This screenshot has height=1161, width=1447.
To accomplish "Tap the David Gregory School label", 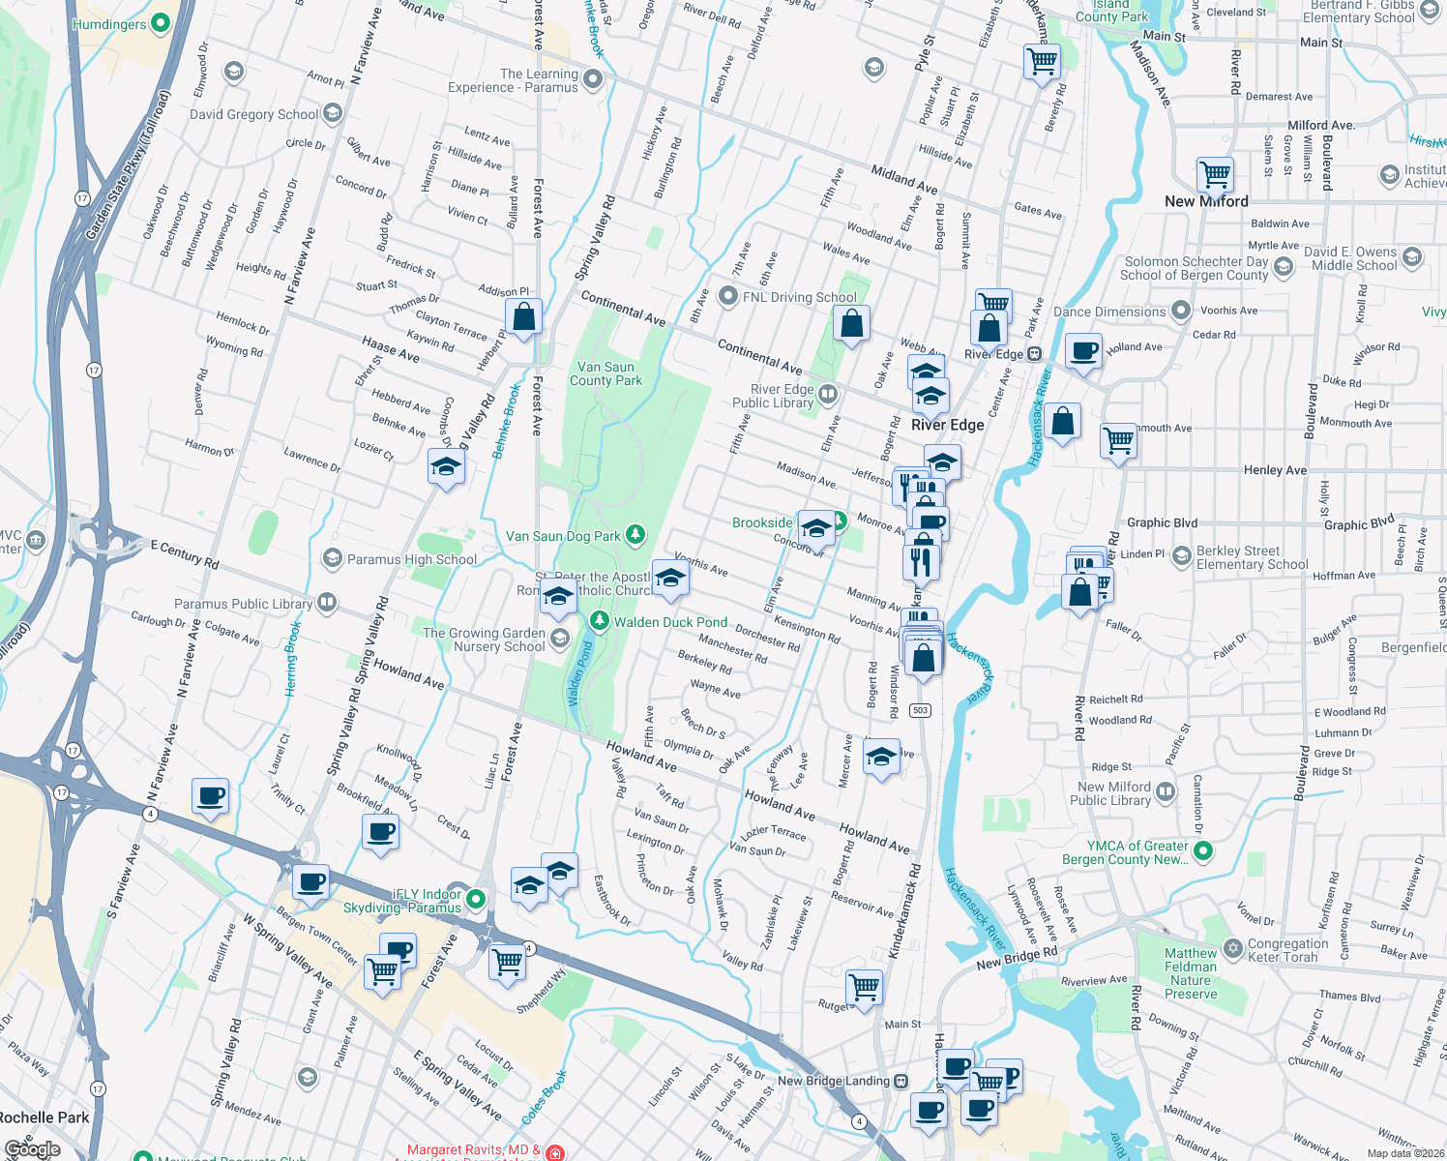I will click(253, 114).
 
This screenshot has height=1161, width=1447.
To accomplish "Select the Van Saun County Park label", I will click(605, 373).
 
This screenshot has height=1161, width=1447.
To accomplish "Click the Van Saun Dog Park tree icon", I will click(635, 534).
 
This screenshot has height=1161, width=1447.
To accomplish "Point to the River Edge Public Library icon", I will click(827, 394).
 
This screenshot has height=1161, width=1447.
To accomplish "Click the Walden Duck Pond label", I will click(670, 622).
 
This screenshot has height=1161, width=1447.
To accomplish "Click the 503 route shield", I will click(920, 710).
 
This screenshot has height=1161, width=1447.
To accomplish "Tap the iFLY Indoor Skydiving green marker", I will click(476, 900).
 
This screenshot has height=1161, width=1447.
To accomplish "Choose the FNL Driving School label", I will click(799, 297).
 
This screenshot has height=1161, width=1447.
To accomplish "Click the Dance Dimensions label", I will click(1109, 312).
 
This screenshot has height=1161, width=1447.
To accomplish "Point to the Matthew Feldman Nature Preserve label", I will click(1191, 973).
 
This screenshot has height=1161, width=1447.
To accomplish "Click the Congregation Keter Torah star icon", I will click(1232, 948).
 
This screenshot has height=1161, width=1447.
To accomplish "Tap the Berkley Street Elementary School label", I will click(1252, 557).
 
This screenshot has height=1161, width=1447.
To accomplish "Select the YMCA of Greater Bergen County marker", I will click(1202, 851).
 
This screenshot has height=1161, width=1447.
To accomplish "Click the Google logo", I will click(32, 1149).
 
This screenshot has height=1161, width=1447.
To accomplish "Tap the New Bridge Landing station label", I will click(833, 1081).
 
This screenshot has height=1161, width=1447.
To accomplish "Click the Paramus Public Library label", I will click(243, 604).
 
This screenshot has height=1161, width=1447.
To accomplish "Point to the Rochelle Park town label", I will click(44, 1117).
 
